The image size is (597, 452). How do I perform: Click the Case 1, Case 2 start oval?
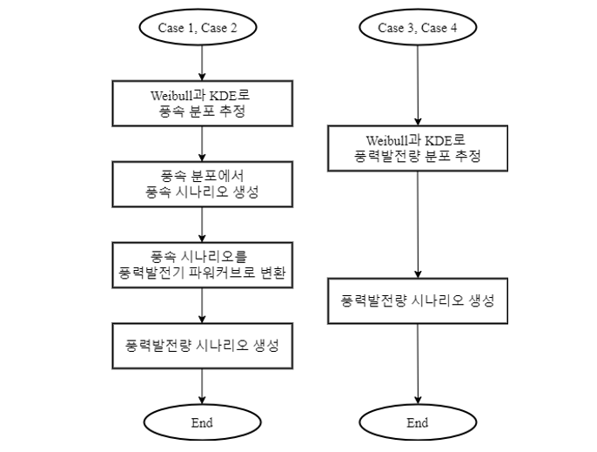198,28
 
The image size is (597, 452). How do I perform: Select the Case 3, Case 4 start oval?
418,28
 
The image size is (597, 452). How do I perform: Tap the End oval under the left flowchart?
202,422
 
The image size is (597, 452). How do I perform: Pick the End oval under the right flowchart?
418,422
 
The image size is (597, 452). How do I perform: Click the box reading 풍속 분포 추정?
202,104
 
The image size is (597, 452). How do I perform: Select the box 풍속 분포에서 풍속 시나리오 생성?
202,184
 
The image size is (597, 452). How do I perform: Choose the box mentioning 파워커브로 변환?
202,265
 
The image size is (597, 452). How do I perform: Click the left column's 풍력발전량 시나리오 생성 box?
202,346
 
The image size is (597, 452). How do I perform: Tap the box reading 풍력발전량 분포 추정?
418,148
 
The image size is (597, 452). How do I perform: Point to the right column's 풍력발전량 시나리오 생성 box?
418,300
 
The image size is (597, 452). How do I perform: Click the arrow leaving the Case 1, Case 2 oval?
202,63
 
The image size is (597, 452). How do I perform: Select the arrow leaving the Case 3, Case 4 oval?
418,85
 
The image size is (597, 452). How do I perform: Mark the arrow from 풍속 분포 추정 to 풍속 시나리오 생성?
202,144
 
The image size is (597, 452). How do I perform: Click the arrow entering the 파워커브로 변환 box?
202,225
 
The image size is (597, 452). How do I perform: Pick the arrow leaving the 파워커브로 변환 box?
202,306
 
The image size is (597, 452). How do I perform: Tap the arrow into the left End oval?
202,387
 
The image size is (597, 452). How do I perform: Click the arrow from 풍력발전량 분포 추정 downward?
418,225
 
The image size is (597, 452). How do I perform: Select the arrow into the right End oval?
418,364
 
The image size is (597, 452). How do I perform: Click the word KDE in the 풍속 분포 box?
225,95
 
